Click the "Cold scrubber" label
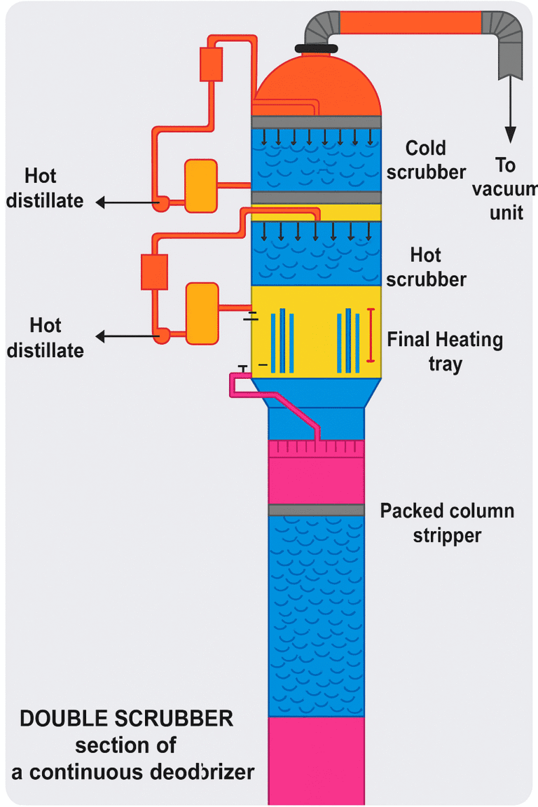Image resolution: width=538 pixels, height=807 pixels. coord(426,160)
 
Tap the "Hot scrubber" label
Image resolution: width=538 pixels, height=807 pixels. coord(426,266)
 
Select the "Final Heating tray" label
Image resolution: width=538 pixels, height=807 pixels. coord(445,352)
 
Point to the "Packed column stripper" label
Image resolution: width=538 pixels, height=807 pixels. coord(447,523)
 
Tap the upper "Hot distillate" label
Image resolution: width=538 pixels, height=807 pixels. coord(45,188)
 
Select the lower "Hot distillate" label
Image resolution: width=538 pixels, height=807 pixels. coord(46,338)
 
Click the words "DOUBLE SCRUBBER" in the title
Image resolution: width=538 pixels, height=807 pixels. coord(127,719)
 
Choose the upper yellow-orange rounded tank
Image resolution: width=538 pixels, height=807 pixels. coord(200,186)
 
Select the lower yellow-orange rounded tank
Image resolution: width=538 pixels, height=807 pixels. coord(202,313)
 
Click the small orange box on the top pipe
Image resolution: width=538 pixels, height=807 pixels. coord(211,64)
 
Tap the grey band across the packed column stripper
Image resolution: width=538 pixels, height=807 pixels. coord(316,510)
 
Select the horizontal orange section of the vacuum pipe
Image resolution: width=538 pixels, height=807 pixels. coord(411,22)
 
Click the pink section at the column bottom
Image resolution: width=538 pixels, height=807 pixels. coord(316,760)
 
